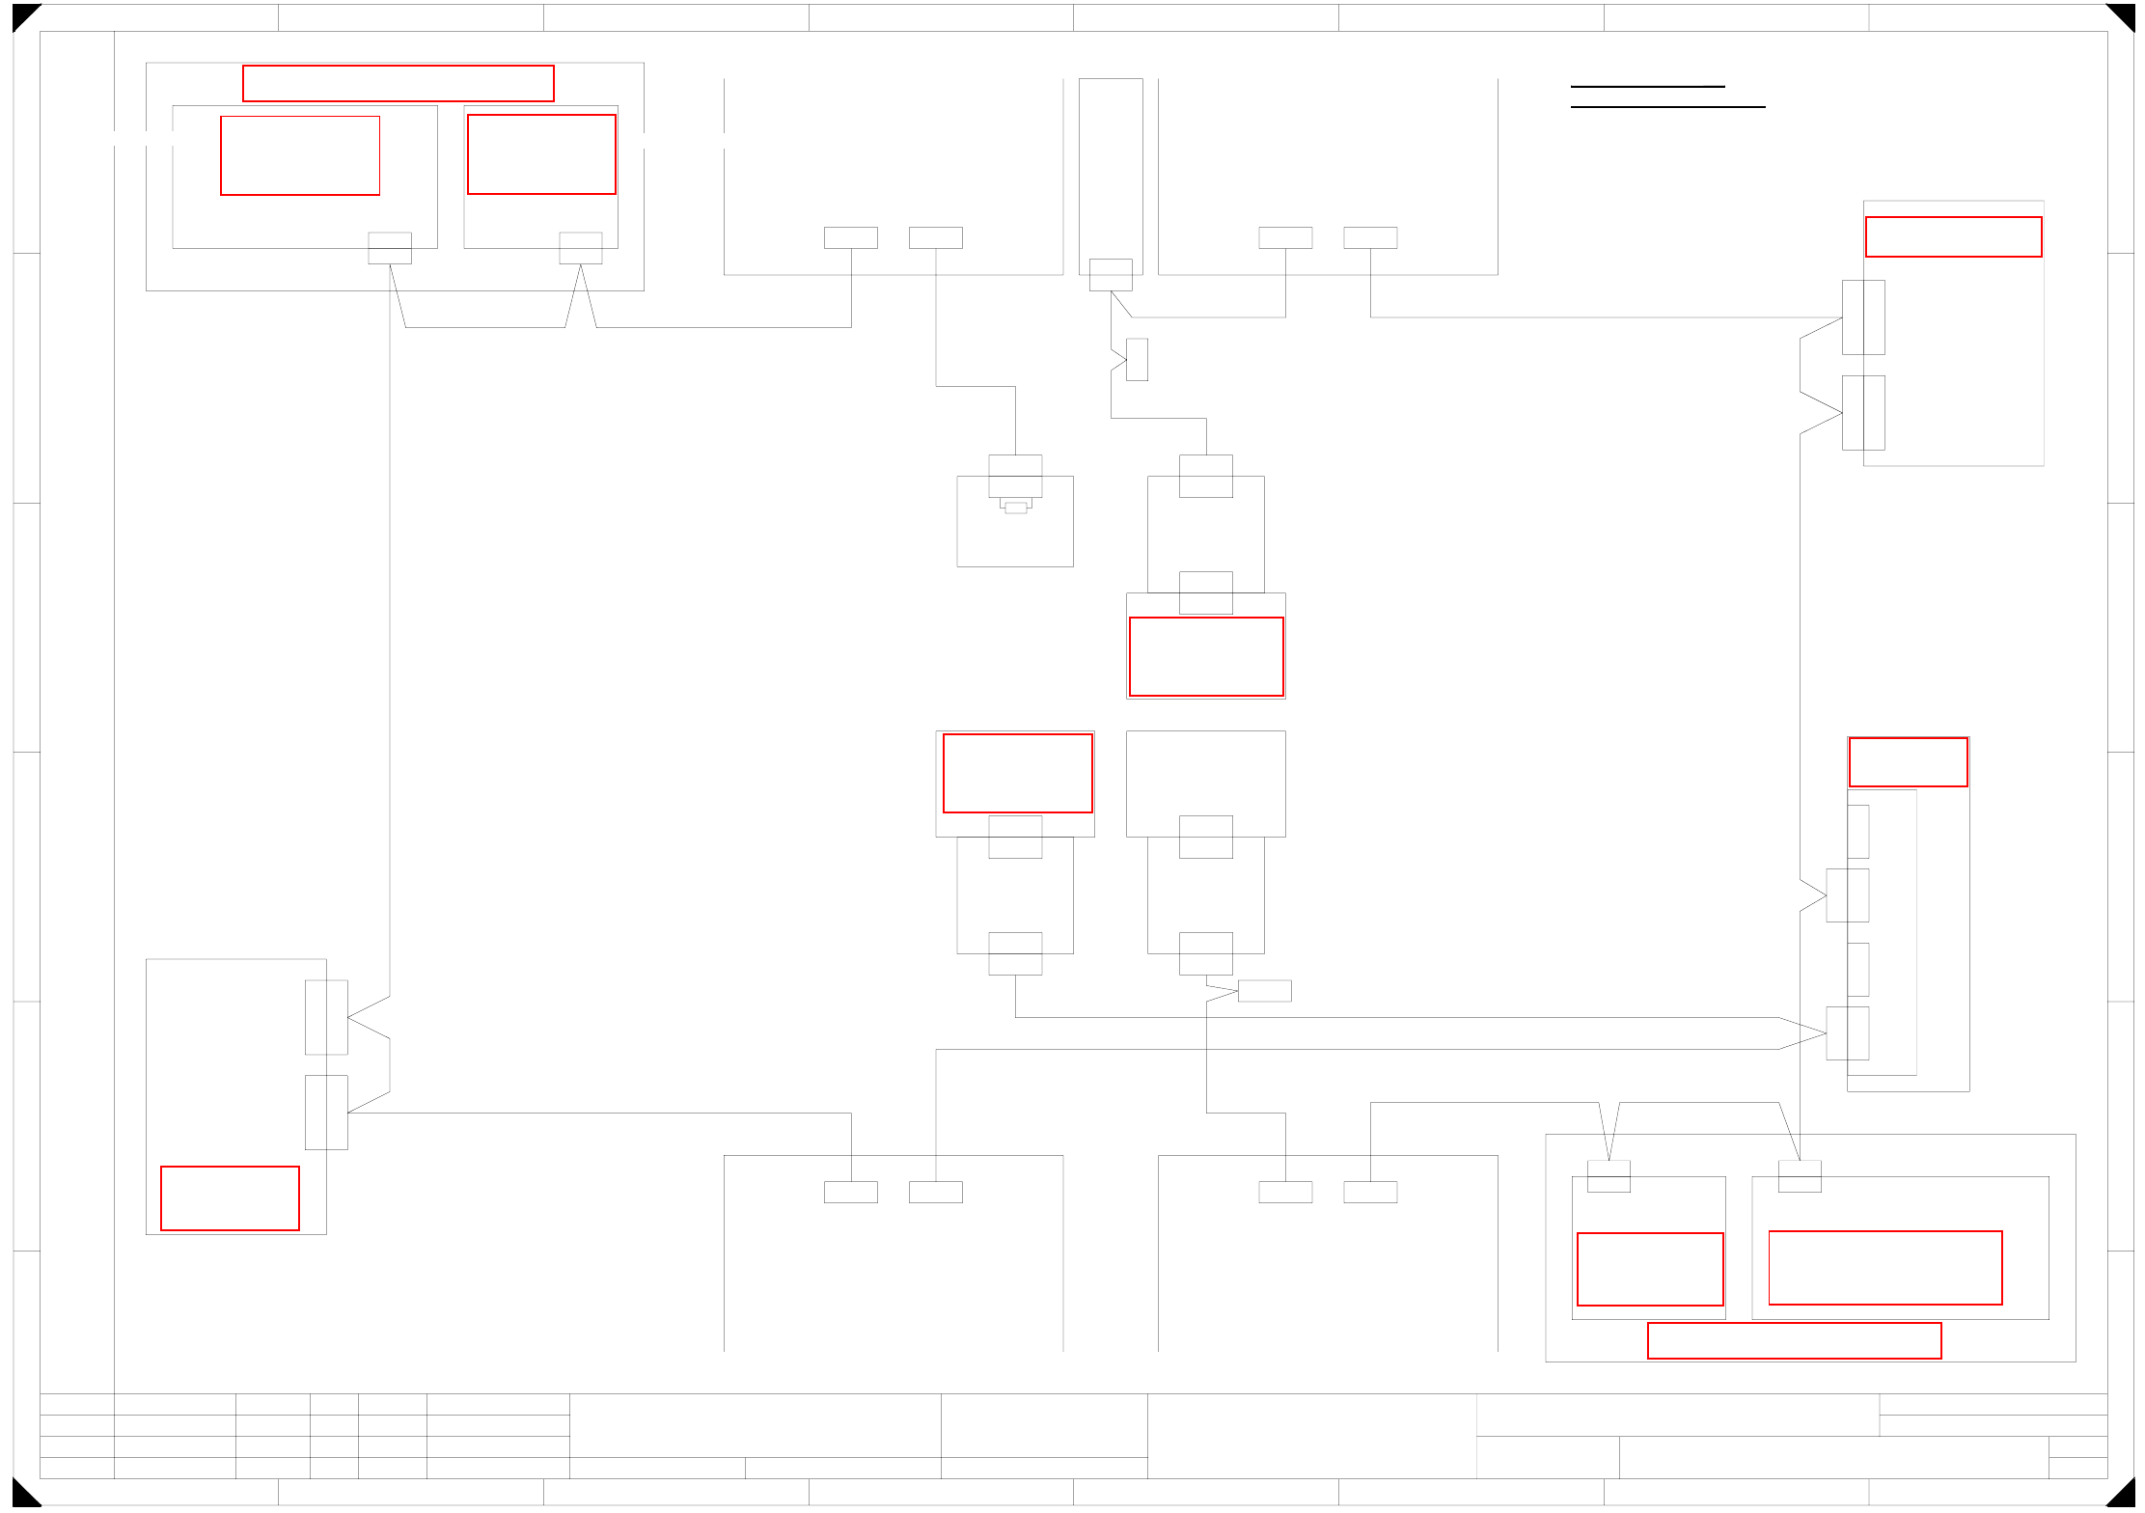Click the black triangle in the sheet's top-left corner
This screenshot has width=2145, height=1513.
22,14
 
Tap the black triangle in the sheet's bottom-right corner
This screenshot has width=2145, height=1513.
2123,1495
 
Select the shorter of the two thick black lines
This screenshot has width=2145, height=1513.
1647,87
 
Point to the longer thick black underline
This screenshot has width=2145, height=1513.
1667,106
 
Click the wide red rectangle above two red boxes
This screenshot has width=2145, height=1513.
398,83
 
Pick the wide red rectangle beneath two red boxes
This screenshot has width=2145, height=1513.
1794,1340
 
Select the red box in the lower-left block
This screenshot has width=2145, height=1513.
230,1197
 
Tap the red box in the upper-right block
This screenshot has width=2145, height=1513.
1953,236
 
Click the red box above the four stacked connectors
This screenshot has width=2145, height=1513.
1908,761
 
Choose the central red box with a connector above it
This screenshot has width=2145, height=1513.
1206,656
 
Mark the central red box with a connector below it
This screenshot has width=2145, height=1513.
1017,773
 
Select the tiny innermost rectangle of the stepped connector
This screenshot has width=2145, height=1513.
1015,508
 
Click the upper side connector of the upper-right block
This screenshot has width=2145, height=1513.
1862,317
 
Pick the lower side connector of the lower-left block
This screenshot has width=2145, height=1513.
326,1112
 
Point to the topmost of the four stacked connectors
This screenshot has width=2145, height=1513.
1857,831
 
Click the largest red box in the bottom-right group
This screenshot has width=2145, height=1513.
1884,1267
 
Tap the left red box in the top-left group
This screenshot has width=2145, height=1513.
300,155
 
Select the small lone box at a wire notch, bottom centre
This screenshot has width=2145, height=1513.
1264,990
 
